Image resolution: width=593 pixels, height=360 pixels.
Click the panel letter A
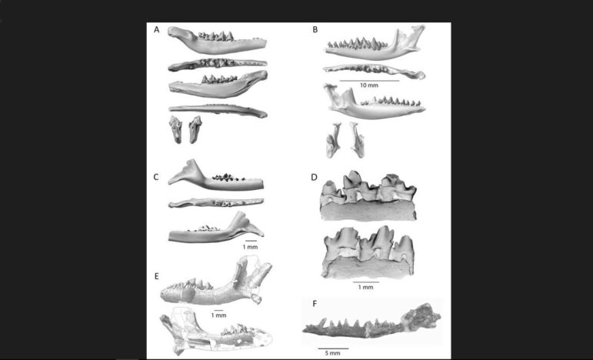click(x=157, y=30)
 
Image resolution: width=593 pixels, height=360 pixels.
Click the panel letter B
click(x=315, y=30)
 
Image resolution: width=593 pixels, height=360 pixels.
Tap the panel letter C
click(x=156, y=178)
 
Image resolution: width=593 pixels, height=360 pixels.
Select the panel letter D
click(x=315, y=178)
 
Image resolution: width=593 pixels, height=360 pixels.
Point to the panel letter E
click(x=157, y=276)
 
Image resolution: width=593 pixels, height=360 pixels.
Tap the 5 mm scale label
click(x=332, y=353)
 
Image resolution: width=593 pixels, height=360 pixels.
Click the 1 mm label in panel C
click(x=250, y=247)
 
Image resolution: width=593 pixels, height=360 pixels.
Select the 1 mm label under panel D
click(x=365, y=287)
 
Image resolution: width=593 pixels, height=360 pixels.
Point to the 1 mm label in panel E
click(x=218, y=315)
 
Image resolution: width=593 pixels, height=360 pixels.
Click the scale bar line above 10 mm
click(x=369, y=81)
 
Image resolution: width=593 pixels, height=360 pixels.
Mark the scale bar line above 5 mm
click(x=333, y=348)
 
